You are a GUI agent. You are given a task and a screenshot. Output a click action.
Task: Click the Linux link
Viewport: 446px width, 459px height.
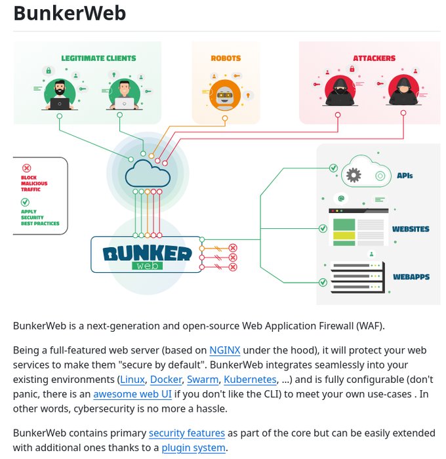click(x=132, y=379)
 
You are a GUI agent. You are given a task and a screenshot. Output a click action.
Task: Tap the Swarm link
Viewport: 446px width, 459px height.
click(x=202, y=379)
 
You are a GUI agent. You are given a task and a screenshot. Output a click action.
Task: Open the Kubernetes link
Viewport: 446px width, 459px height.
click(x=250, y=379)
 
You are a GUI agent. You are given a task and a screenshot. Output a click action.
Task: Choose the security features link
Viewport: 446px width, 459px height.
click(x=187, y=433)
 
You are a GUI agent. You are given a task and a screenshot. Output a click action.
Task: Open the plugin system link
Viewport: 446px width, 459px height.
click(x=193, y=448)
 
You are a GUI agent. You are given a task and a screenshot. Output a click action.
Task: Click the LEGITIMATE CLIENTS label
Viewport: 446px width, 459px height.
click(x=98, y=58)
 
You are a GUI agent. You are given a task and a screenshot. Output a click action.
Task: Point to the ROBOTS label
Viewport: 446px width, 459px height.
click(x=226, y=58)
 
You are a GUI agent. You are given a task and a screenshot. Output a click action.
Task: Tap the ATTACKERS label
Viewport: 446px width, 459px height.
click(x=375, y=58)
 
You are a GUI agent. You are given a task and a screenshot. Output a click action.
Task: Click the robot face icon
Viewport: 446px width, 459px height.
click(x=226, y=96)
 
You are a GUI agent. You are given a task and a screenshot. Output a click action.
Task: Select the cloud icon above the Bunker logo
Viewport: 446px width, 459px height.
click(x=148, y=172)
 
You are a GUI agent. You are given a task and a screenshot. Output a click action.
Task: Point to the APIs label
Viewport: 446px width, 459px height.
click(x=405, y=176)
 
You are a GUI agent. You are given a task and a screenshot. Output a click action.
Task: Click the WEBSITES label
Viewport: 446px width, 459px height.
click(x=411, y=229)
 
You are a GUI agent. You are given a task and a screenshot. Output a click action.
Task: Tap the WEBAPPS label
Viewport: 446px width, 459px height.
click(x=411, y=277)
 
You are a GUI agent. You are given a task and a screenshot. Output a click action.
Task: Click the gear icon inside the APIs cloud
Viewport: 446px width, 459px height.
click(x=354, y=174)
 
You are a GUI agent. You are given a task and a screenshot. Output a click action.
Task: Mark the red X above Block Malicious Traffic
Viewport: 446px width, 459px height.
click(x=26, y=168)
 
